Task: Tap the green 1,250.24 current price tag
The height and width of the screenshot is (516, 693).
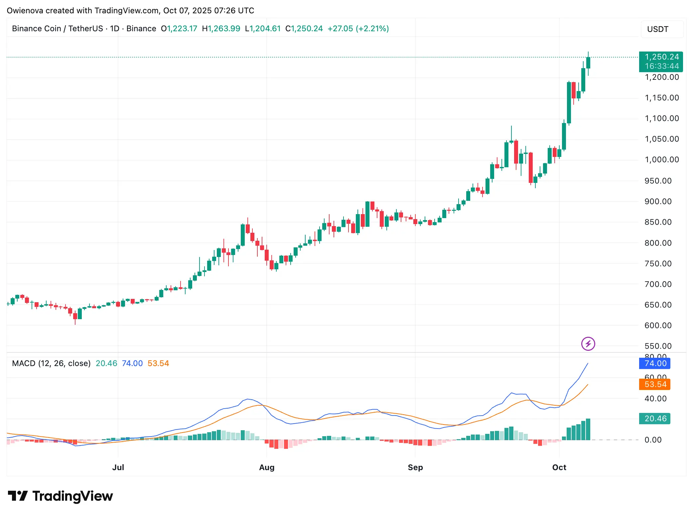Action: tap(661, 62)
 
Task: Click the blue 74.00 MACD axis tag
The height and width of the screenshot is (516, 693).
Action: tap(654, 363)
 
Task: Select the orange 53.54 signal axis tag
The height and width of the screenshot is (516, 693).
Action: tap(654, 384)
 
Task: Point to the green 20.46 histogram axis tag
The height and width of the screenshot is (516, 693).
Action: tap(654, 419)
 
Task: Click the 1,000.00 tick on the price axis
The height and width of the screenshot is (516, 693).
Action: tap(661, 160)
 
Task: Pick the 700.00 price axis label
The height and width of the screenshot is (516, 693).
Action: tap(658, 284)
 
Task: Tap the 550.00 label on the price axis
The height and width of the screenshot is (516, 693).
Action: tap(658, 346)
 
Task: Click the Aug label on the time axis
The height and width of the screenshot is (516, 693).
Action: tap(267, 467)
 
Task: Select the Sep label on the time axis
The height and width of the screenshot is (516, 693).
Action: tap(415, 467)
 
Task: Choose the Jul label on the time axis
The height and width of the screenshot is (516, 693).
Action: tap(118, 467)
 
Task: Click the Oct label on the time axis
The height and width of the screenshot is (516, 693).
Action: tap(559, 467)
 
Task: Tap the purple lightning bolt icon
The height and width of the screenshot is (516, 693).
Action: tap(588, 344)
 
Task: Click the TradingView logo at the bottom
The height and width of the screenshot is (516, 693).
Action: tap(61, 496)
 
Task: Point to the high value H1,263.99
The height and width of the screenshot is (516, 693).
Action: tap(221, 29)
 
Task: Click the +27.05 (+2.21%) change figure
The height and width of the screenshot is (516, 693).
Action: tap(358, 29)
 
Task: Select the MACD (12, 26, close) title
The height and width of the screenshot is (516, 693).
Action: tap(51, 363)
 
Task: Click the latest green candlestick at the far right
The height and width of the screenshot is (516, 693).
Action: tap(588, 63)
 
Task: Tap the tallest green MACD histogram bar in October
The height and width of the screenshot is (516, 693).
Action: tap(588, 429)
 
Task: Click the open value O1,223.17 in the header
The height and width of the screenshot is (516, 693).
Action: tap(179, 29)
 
